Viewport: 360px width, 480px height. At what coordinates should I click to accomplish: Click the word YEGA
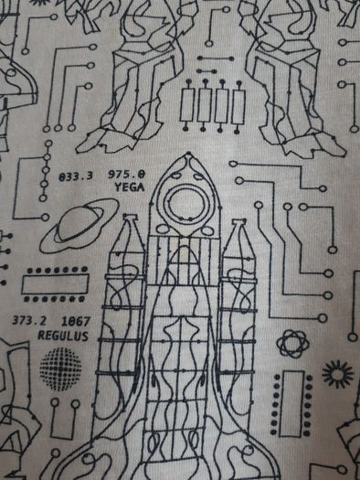[130, 187]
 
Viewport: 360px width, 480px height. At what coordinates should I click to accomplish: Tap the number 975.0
[127, 175]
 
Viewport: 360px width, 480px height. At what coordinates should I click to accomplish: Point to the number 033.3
[76, 176]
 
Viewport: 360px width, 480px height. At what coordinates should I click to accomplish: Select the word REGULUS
[63, 336]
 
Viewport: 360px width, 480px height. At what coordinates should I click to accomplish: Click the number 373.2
[29, 321]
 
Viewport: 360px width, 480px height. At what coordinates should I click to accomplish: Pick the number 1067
[76, 322]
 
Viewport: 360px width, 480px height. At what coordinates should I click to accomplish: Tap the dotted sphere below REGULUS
[60, 368]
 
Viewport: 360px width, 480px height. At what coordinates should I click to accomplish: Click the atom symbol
[292, 344]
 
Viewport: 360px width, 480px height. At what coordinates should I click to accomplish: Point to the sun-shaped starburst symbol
[337, 374]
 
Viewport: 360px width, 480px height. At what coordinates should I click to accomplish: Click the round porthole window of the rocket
[185, 203]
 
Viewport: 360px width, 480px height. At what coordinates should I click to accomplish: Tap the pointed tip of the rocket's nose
[188, 153]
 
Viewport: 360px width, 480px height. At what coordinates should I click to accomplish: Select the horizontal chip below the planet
[55, 284]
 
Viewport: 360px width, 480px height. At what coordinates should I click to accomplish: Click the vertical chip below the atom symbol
[291, 403]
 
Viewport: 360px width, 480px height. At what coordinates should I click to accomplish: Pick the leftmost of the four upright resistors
[186, 105]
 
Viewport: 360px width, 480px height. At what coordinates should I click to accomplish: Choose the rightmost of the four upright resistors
[238, 106]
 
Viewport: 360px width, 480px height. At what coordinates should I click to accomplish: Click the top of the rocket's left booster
[130, 217]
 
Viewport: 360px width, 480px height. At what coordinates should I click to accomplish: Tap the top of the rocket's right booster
[238, 222]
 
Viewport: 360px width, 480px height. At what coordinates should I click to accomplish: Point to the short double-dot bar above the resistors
[206, 71]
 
